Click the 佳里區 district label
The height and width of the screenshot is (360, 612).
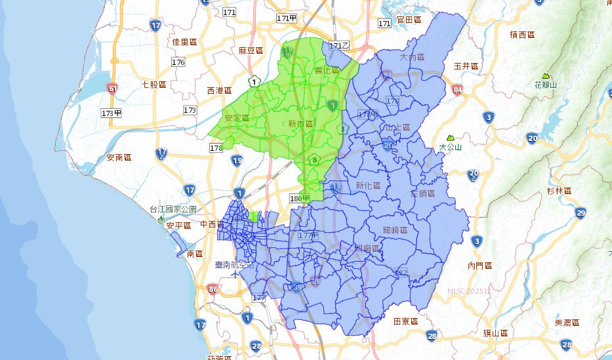click(x=184, y=42)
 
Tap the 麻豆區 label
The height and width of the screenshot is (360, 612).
click(x=251, y=50)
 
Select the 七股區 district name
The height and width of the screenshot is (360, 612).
click(x=154, y=85)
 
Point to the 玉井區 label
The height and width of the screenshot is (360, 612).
click(x=467, y=66)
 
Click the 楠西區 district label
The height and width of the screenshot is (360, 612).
click(x=522, y=34)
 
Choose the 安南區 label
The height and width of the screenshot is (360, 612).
click(x=119, y=158)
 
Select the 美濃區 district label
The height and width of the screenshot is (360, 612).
click(x=567, y=323)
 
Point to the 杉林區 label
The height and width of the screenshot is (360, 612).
click(x=560, y=191)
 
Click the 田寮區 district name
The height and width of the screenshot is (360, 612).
click(x=406, y=321)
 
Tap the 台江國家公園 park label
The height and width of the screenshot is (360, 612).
click(x=173, y=209)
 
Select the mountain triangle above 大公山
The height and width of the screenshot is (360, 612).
click(x=450, y=138)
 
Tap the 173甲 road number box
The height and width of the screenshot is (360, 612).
click(x=112, y=113)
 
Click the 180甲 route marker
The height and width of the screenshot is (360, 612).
click(x=299, y=199)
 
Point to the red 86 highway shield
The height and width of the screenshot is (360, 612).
click(x=212, y=289)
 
